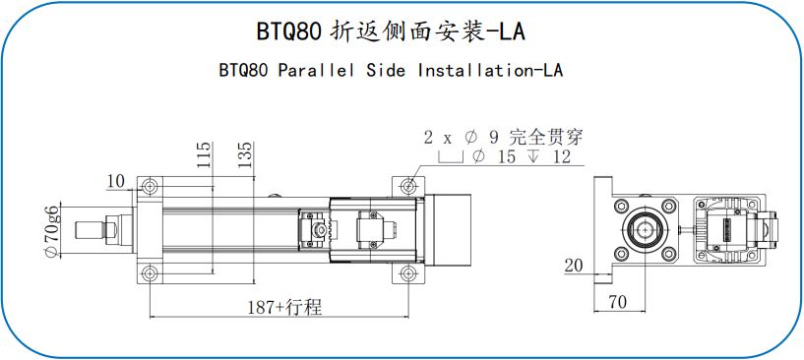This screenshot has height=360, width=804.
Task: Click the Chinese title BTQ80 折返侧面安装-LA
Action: pyautogui.click(x=391, y=31)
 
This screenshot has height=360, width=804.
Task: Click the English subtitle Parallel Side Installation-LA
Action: pyautogui.click(x=420, y=70)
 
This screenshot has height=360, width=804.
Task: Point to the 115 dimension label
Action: pyautogui.click(x=204, y=155)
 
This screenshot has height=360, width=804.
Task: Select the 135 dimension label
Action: pyautogui.click(x=246, y=155)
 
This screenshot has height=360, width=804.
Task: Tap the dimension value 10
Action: pyautogui.click(x=116, y=181)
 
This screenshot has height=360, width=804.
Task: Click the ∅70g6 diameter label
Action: pyautogui.click(x=52, y=230)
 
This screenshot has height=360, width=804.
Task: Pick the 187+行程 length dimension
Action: pyautogui.click(x=284, y=307)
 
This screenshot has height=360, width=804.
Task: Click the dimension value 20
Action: pyautogui.click(x=574, y=266)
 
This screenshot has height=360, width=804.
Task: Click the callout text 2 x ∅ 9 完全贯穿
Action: pyautogui.click(x=504, y=138)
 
